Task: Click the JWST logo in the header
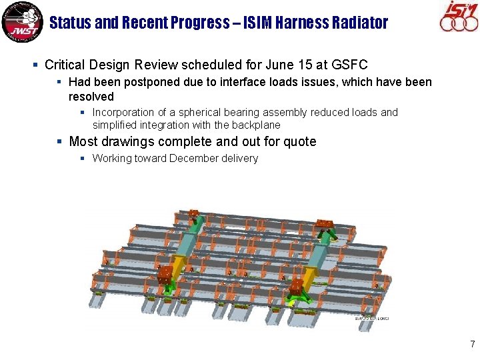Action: (22, 22)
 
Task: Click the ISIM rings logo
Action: (459, 18)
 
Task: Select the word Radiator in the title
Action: (359, 23)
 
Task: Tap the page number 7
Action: (472, 345)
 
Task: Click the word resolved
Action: (91, 97)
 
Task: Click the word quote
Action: (299, 141)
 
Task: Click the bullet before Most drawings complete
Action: (60, 141)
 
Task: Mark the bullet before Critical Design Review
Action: (35, 65)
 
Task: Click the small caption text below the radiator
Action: (372, 319)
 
